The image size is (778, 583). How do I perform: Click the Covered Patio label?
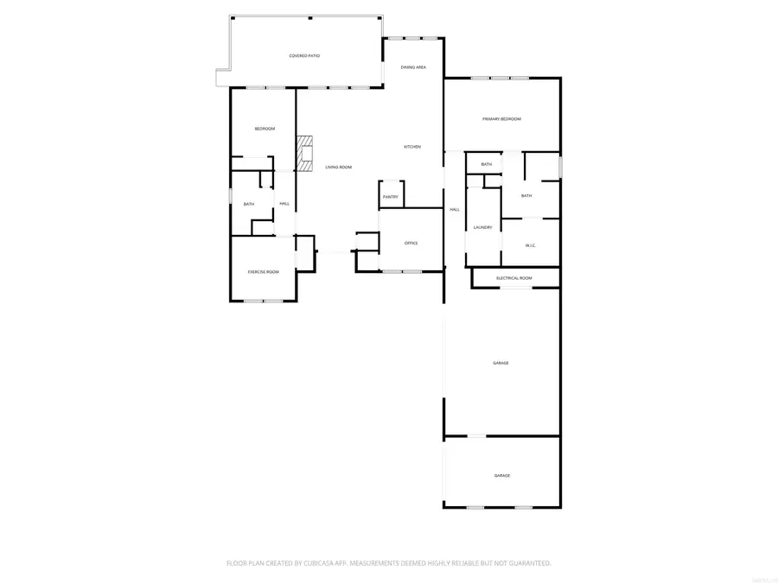click(304, 55)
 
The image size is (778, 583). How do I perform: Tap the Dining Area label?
click(413, 67)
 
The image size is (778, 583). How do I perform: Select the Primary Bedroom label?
click(501, 118)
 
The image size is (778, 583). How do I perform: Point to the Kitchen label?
click(412, 147)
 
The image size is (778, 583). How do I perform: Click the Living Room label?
click(338, 167)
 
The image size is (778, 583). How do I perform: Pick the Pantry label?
click(390, 197)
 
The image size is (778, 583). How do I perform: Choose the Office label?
click(411, 243)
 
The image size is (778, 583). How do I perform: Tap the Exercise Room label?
click(264, 272)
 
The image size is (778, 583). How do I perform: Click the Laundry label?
click(482, 227)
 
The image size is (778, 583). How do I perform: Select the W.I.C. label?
click(531, 245)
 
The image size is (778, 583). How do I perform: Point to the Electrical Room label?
click(514, 278)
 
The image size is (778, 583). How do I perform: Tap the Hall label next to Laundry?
click(454, 209)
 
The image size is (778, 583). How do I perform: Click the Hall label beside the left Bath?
click(284, 204)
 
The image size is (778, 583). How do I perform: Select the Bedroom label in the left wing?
click(264, 129)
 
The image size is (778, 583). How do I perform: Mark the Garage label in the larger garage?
click(501, 363)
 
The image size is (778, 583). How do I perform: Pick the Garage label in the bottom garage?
click(501, 476)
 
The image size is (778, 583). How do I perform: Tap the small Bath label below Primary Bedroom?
click(487, 164)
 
